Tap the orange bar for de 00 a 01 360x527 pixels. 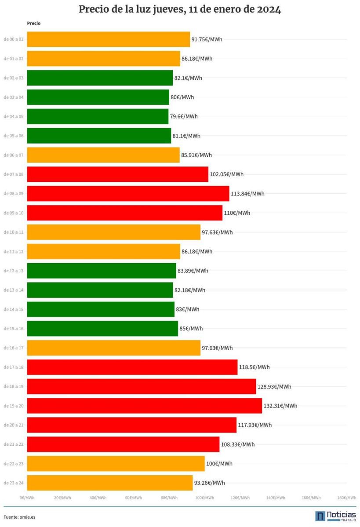[108, 40]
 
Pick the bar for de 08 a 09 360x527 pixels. [128, 194]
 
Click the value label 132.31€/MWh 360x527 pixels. [280, 406]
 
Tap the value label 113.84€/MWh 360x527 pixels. [247, 194]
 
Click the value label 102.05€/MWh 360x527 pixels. [226, 174]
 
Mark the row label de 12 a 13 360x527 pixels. [13, 271]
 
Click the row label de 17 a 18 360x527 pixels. [13, 367]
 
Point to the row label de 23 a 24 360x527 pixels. [13, 483]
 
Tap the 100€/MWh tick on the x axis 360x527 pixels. [205, 498]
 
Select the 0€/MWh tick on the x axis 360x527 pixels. [27, 498]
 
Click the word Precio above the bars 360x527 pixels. [33, 23]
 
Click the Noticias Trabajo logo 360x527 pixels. [335, 516]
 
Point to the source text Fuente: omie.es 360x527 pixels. [19, 517]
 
